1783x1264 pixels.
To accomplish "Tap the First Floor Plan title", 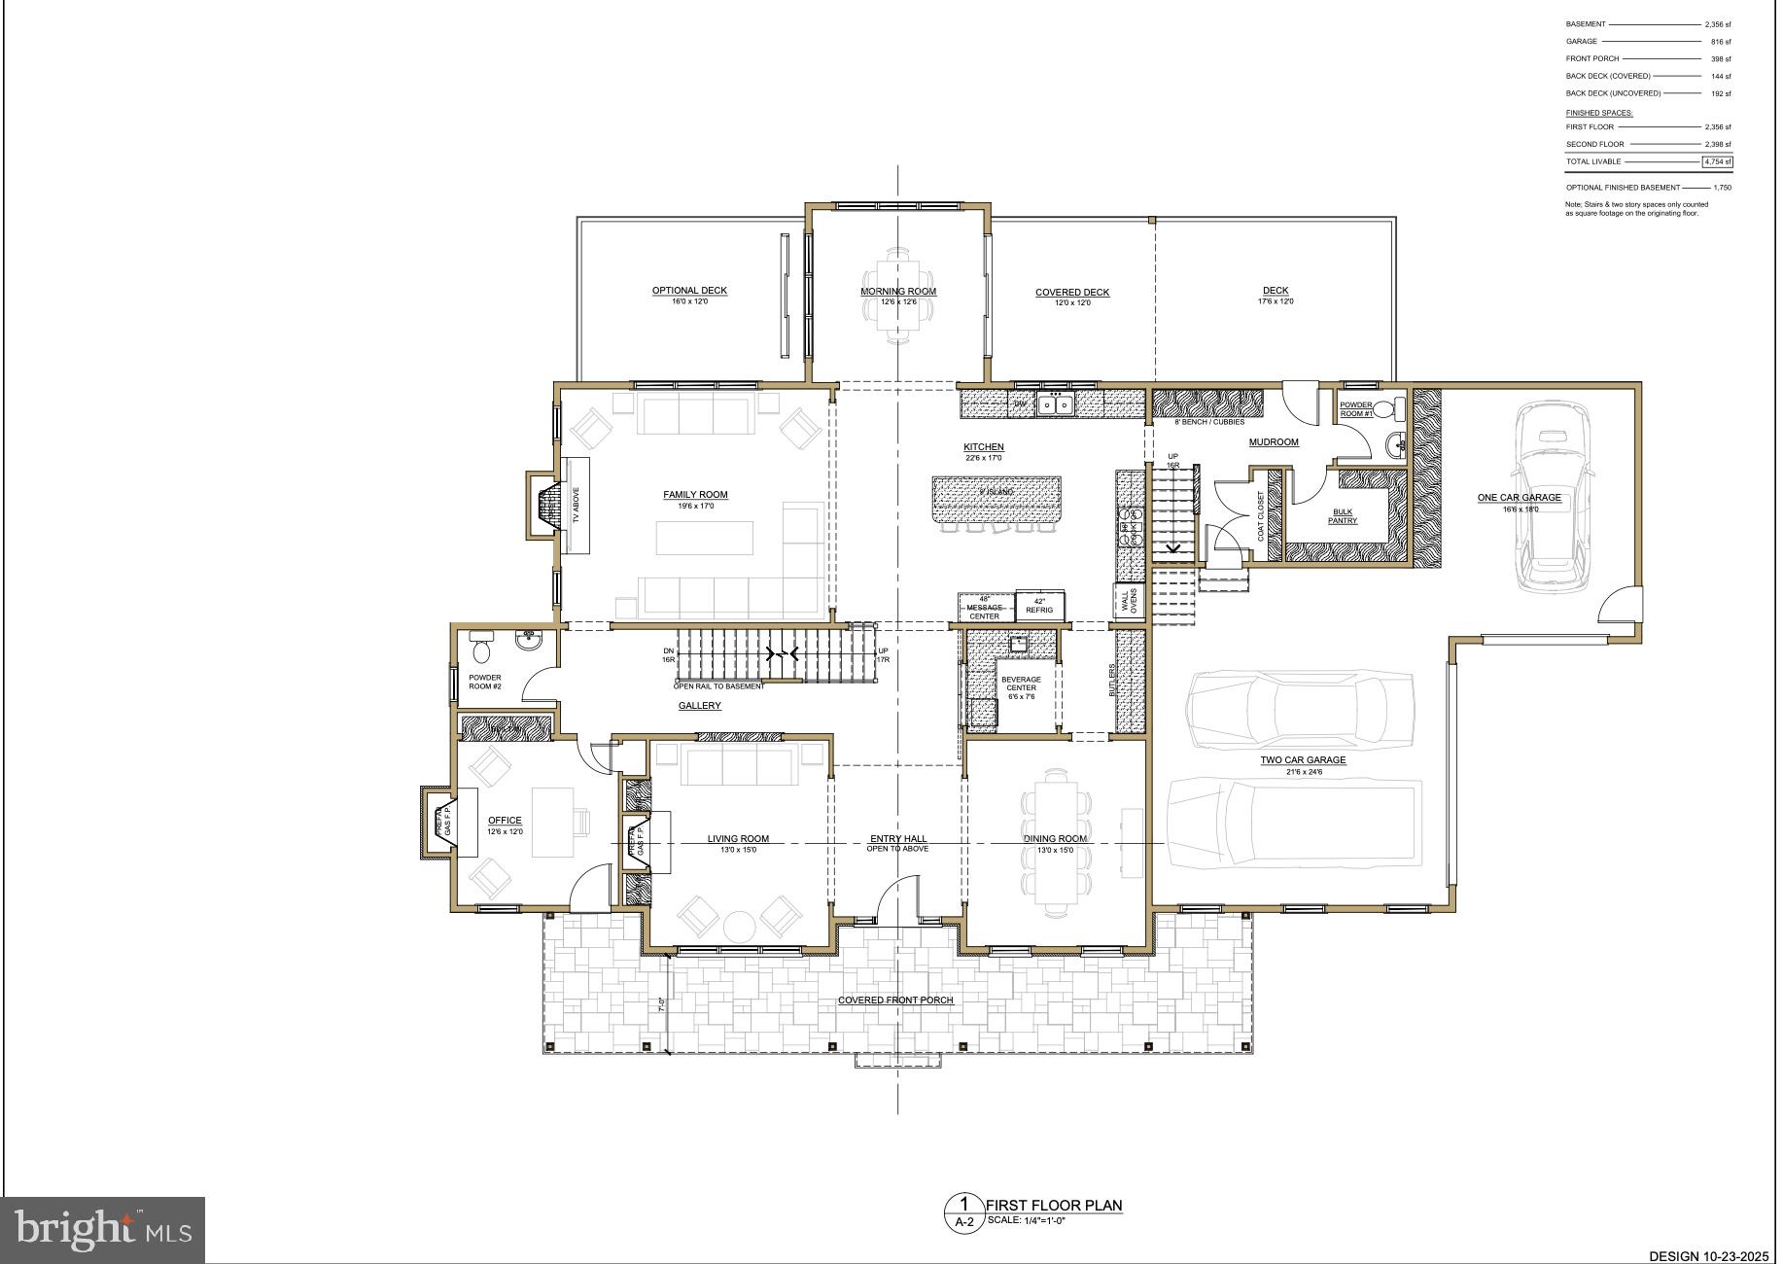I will click(1057, 1206).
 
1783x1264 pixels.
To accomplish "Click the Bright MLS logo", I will click(103, 1229).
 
